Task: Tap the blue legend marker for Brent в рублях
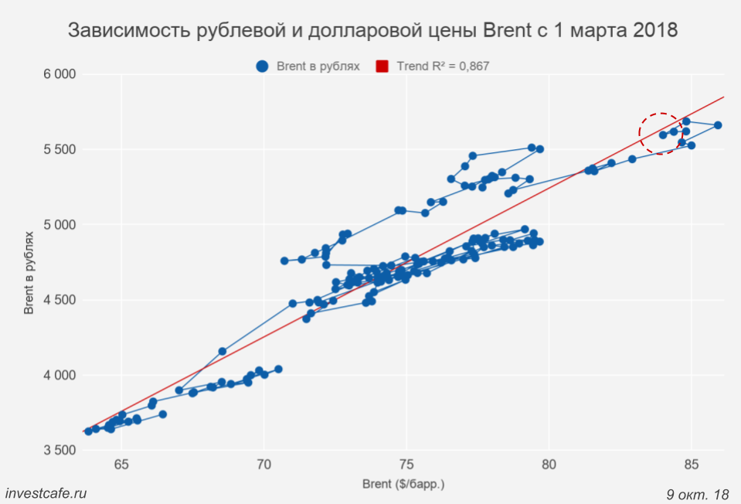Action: [263, 66]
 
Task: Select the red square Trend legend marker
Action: [382, 66]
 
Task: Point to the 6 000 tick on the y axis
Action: [59, 74]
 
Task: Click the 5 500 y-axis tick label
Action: [59, 149]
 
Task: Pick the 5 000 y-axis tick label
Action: [59, 225]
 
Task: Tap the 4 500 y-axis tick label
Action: [59, 300]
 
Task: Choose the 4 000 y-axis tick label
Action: [59, 376]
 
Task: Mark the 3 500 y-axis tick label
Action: [59, 451]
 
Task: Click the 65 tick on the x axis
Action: [121, 464]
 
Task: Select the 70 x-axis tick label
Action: [264, 464]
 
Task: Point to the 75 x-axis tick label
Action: [406, 464]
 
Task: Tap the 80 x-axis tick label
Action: [549, 464]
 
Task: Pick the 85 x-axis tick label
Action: [692, 464]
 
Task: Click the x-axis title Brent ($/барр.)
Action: [403, 484]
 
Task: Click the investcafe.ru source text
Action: [46, 493]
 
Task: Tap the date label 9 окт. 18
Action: [697, 493]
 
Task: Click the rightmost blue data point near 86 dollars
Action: [718, 125]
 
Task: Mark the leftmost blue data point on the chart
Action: [88, 431]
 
